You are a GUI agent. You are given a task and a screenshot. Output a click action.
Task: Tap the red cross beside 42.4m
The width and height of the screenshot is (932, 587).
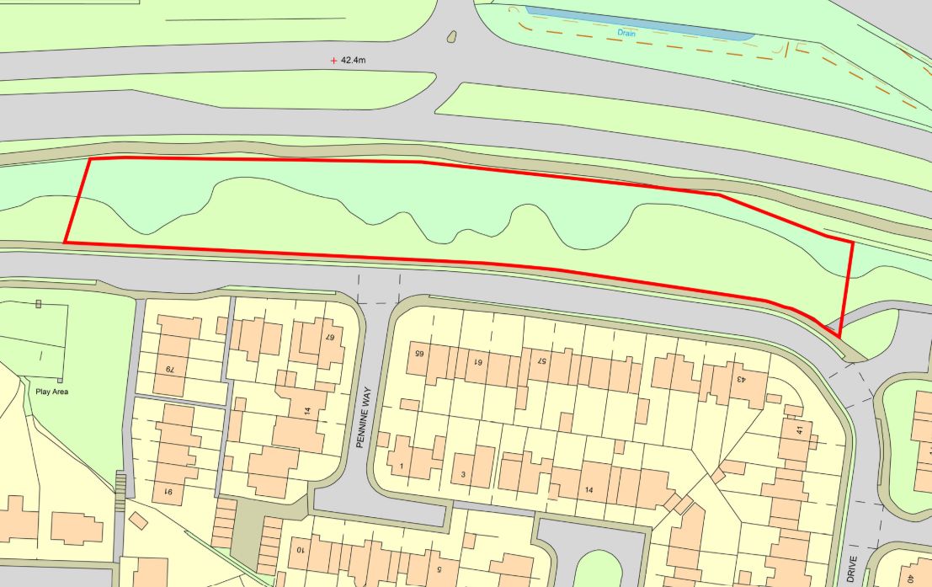(334, 61)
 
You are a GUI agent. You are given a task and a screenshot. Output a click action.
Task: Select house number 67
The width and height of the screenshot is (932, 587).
(330, 336)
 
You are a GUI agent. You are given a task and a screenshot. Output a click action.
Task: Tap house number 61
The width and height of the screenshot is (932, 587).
(477, 362)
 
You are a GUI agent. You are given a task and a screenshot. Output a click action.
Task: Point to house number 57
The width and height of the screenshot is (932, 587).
(543, 362)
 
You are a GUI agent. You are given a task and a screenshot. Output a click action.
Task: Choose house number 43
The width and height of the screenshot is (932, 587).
(741, 378)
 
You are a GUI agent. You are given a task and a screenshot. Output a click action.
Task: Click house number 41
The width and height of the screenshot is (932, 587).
(798, 430)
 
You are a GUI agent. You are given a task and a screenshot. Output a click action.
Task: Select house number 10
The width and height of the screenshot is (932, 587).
(300, 550)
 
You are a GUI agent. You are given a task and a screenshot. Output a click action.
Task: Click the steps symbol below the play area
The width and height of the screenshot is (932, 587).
(120, 487)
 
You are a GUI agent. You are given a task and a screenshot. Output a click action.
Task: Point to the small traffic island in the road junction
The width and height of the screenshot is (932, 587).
(452, 36)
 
